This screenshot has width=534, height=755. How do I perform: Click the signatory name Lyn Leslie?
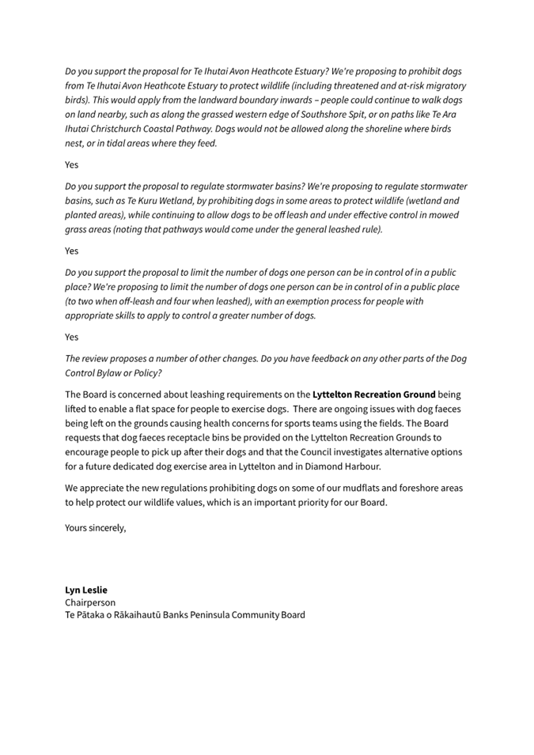(85, 590)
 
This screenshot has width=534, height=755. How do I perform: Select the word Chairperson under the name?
(90, 602)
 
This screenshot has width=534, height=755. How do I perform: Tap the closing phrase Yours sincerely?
(95, 528)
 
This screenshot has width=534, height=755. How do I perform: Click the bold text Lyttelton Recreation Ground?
(374, 394)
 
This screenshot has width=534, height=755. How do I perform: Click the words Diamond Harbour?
(345, 466)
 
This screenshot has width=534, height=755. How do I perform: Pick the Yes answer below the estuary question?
(72, 164)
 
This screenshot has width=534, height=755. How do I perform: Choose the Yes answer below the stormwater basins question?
(72, 251)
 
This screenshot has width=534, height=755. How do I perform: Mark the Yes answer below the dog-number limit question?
(72, 337)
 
